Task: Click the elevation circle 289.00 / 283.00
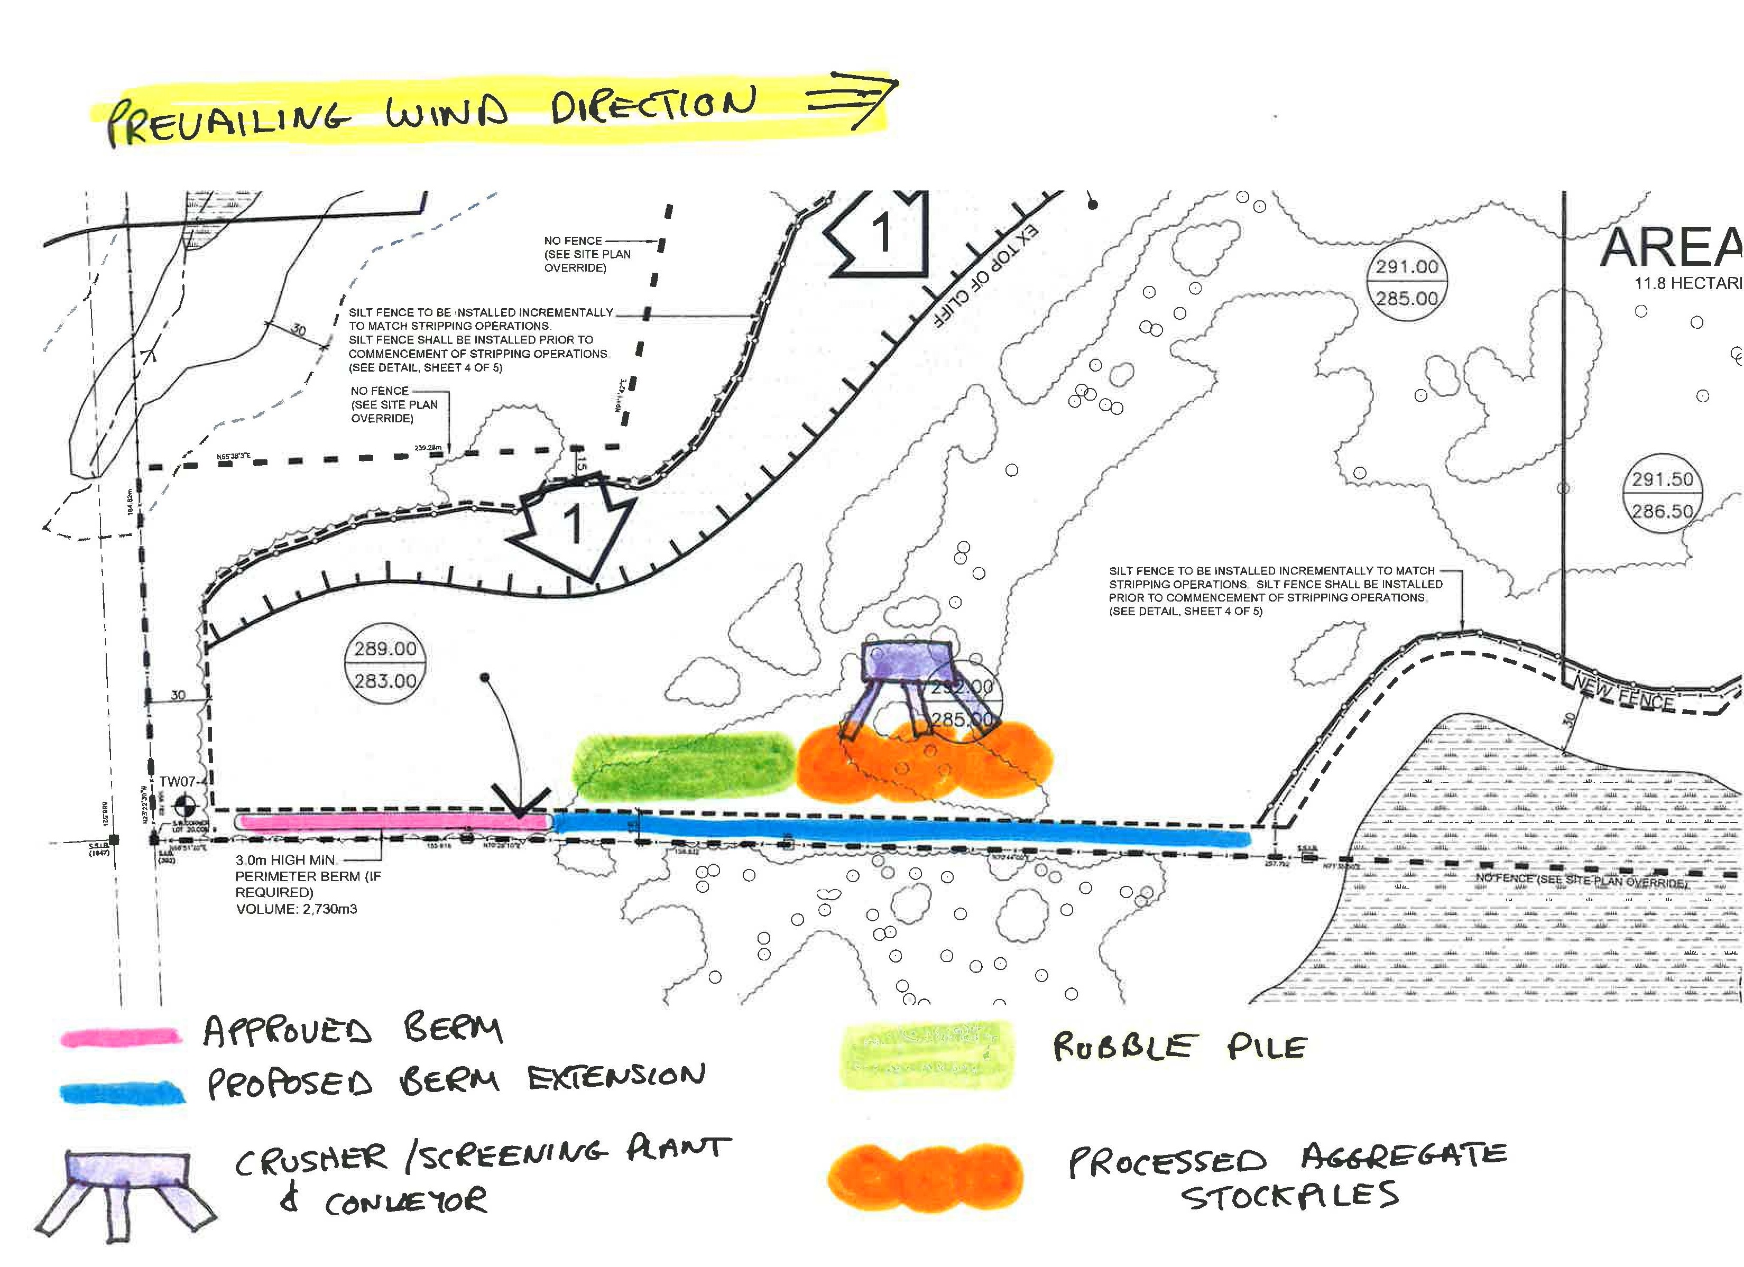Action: pos(385,665)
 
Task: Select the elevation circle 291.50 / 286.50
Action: pos(1663,495)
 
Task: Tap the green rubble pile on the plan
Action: pos(683,765)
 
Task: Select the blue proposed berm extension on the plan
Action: pos(900,832)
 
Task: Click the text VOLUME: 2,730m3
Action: pos(296,909)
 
